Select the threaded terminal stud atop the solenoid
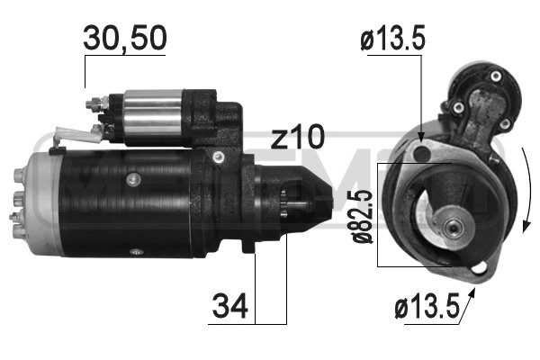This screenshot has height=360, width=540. pos(93,105)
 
